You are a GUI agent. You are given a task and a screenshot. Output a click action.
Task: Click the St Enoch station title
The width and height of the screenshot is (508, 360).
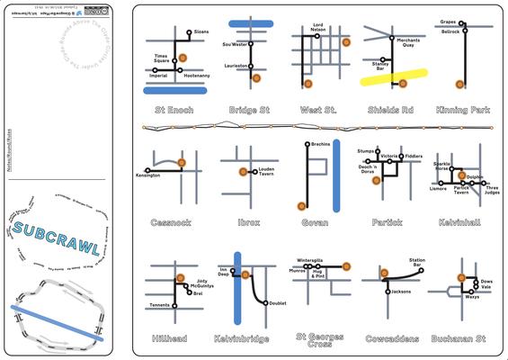click(174, 110)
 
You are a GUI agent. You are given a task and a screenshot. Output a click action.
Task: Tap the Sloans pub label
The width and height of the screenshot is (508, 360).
click(201, 31)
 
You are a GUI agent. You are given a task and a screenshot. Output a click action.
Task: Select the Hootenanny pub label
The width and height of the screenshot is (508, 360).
click(196, 76)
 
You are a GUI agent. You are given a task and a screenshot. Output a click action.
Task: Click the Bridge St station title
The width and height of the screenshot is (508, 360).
click(249, 110)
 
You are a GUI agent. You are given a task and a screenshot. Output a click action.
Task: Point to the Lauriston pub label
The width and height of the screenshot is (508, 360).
click(236, 67)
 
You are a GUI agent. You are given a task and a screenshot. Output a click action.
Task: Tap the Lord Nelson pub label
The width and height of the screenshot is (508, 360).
click(318, 30)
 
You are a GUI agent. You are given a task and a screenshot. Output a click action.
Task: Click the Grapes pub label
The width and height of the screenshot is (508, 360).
click(450, 22)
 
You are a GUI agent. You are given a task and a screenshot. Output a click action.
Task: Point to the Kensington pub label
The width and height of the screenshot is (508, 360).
click(147, 175)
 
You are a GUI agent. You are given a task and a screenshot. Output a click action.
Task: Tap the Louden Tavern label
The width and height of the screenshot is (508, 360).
click(261, 172)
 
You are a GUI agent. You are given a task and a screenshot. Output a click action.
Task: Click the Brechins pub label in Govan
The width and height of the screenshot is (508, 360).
click(321, 144)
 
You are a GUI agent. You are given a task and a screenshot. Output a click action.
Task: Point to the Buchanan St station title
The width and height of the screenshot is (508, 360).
click(463, 338)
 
